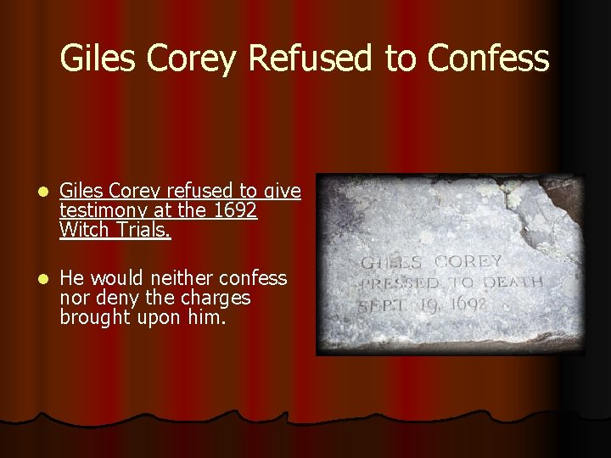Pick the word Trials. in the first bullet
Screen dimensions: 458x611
(x=144, y=230)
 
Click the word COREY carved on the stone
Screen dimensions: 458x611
(x=468, y=262)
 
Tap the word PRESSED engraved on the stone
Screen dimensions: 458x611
(x=401, y=284)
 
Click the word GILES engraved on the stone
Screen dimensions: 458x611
(x=393, y=264)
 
